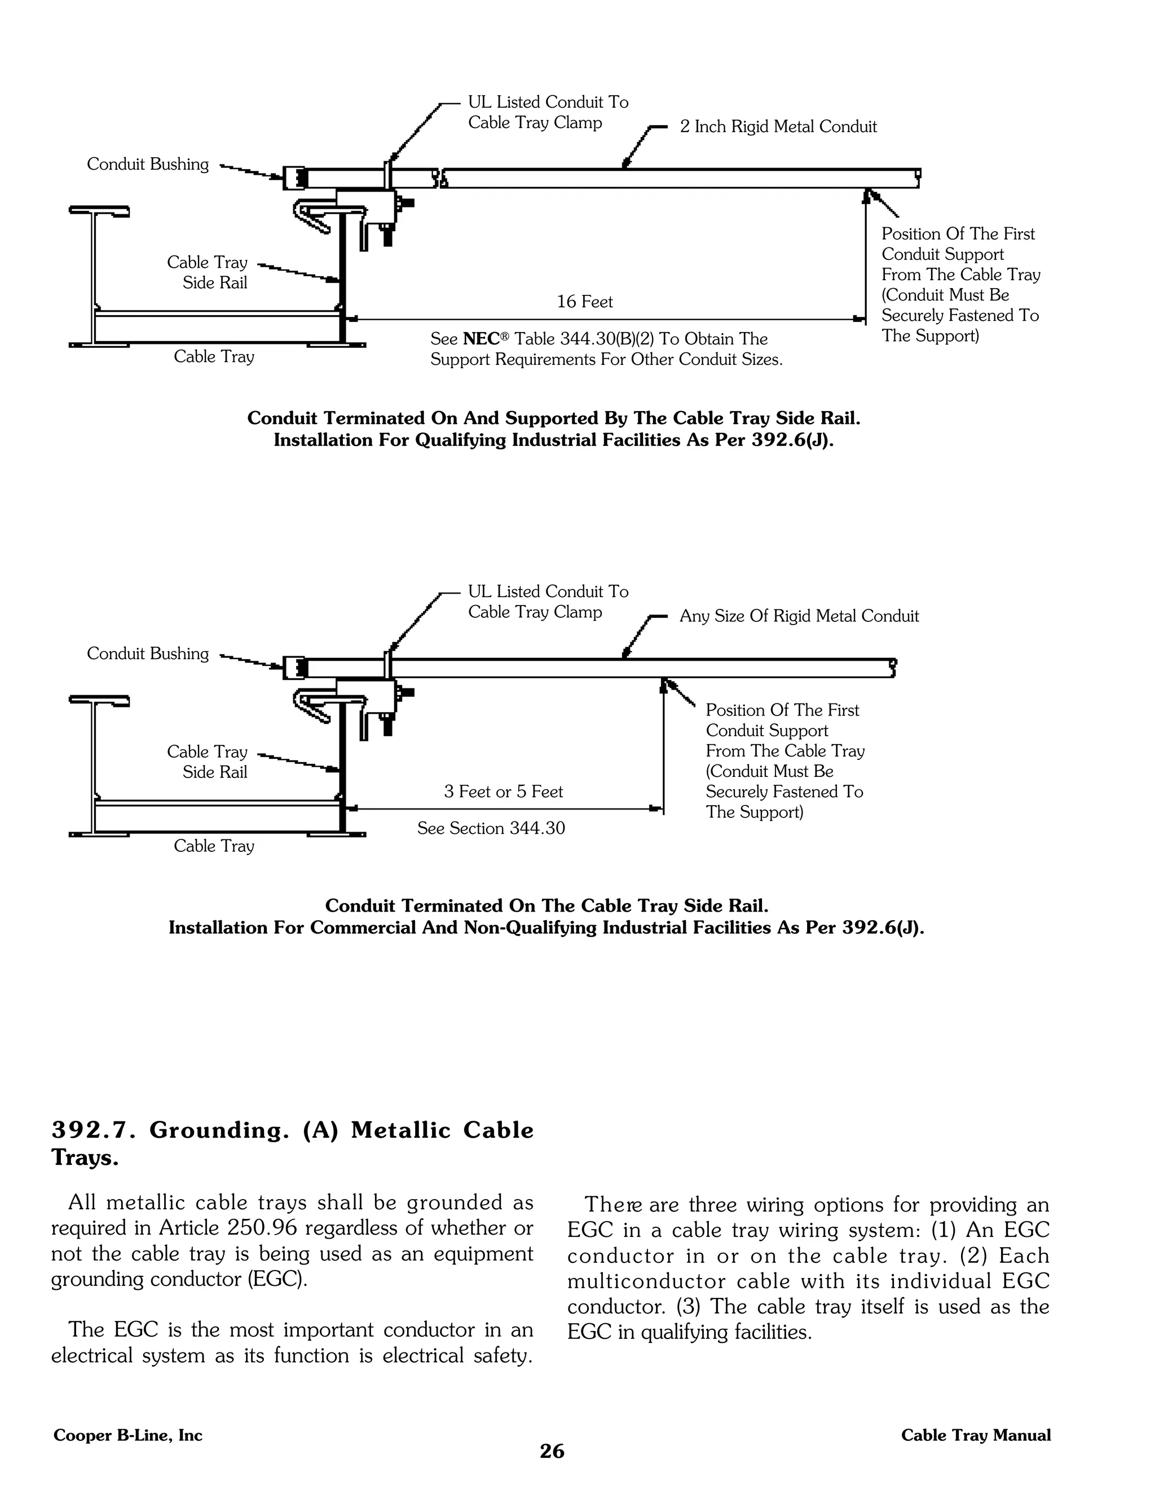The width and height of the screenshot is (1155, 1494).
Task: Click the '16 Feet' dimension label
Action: pyautogui.click(x=584, y=302)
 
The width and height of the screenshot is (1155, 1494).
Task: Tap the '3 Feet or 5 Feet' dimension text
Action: pyautogui.click(x=503, y=792)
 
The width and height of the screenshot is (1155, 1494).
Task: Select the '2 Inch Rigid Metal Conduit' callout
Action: pyautogui.click(x=778, y=126)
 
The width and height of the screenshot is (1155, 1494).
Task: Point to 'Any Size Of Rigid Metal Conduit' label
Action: pyautogui.click(x=799, y=616)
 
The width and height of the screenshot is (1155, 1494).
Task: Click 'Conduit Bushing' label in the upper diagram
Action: pyautogui.click(x=148, y=164)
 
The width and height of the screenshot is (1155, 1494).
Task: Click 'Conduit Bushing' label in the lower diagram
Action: pyautogui.click(x=148, y=654)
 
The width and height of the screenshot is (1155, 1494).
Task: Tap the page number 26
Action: pyautogui.click(x=552, y=1451)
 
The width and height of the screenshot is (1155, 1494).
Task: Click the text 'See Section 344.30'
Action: pyautogui.click(x=491, y=828)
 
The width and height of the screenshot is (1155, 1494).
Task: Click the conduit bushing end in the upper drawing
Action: pyautogui.click(x=295, y=178)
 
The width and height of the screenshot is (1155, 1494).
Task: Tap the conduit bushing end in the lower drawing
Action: pyautogui.click(x=295, y=668)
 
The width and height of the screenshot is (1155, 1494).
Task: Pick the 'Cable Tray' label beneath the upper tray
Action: pyautogui.click(x=214, y=356)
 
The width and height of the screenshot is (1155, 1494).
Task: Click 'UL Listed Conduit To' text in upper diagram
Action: pyautogui.click(x=548, y=103)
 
